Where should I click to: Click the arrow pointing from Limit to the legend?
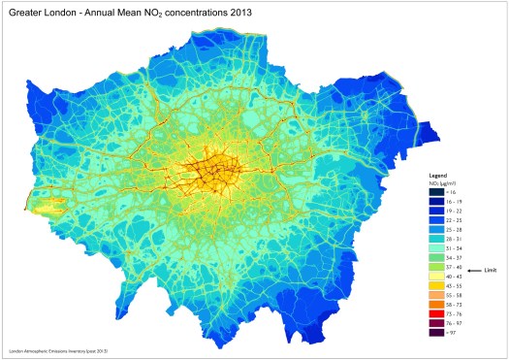pyautogui.click(x=474, y=270)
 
